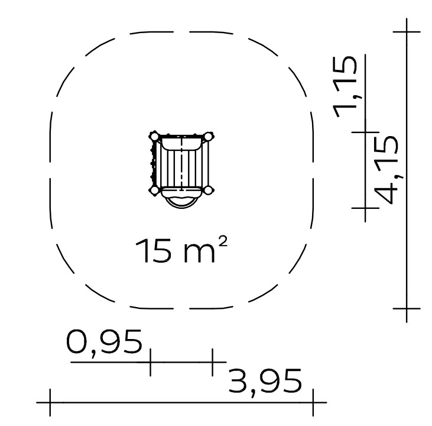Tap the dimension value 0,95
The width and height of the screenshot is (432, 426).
104,342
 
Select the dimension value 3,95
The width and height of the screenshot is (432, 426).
265,382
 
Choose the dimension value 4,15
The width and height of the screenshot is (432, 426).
387,170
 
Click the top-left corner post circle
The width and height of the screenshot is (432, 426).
155,137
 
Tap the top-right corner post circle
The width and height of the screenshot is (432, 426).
208,137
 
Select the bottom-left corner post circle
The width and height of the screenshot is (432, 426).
155,190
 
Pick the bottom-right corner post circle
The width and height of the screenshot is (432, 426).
209,190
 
